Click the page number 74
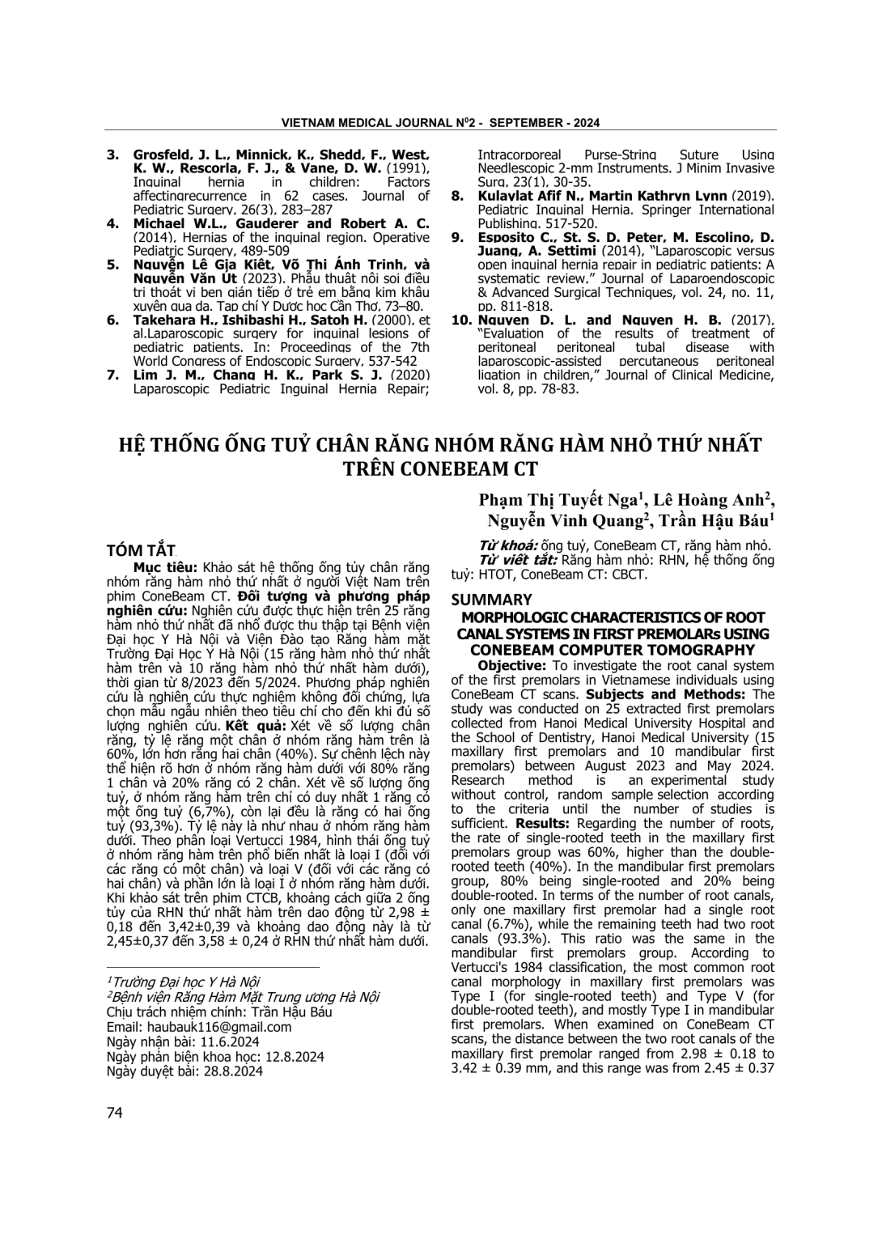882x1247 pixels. pyautogui.click(x=115, y=1113)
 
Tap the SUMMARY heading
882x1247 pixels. pyautogui.click(x=491, y=600)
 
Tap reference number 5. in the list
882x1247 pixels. pyautogui.click(x=113, y=265)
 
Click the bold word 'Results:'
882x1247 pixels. pyautogui.click(x=541, y=824)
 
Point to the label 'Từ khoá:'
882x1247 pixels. pyautogui.click(x=508, y=545)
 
